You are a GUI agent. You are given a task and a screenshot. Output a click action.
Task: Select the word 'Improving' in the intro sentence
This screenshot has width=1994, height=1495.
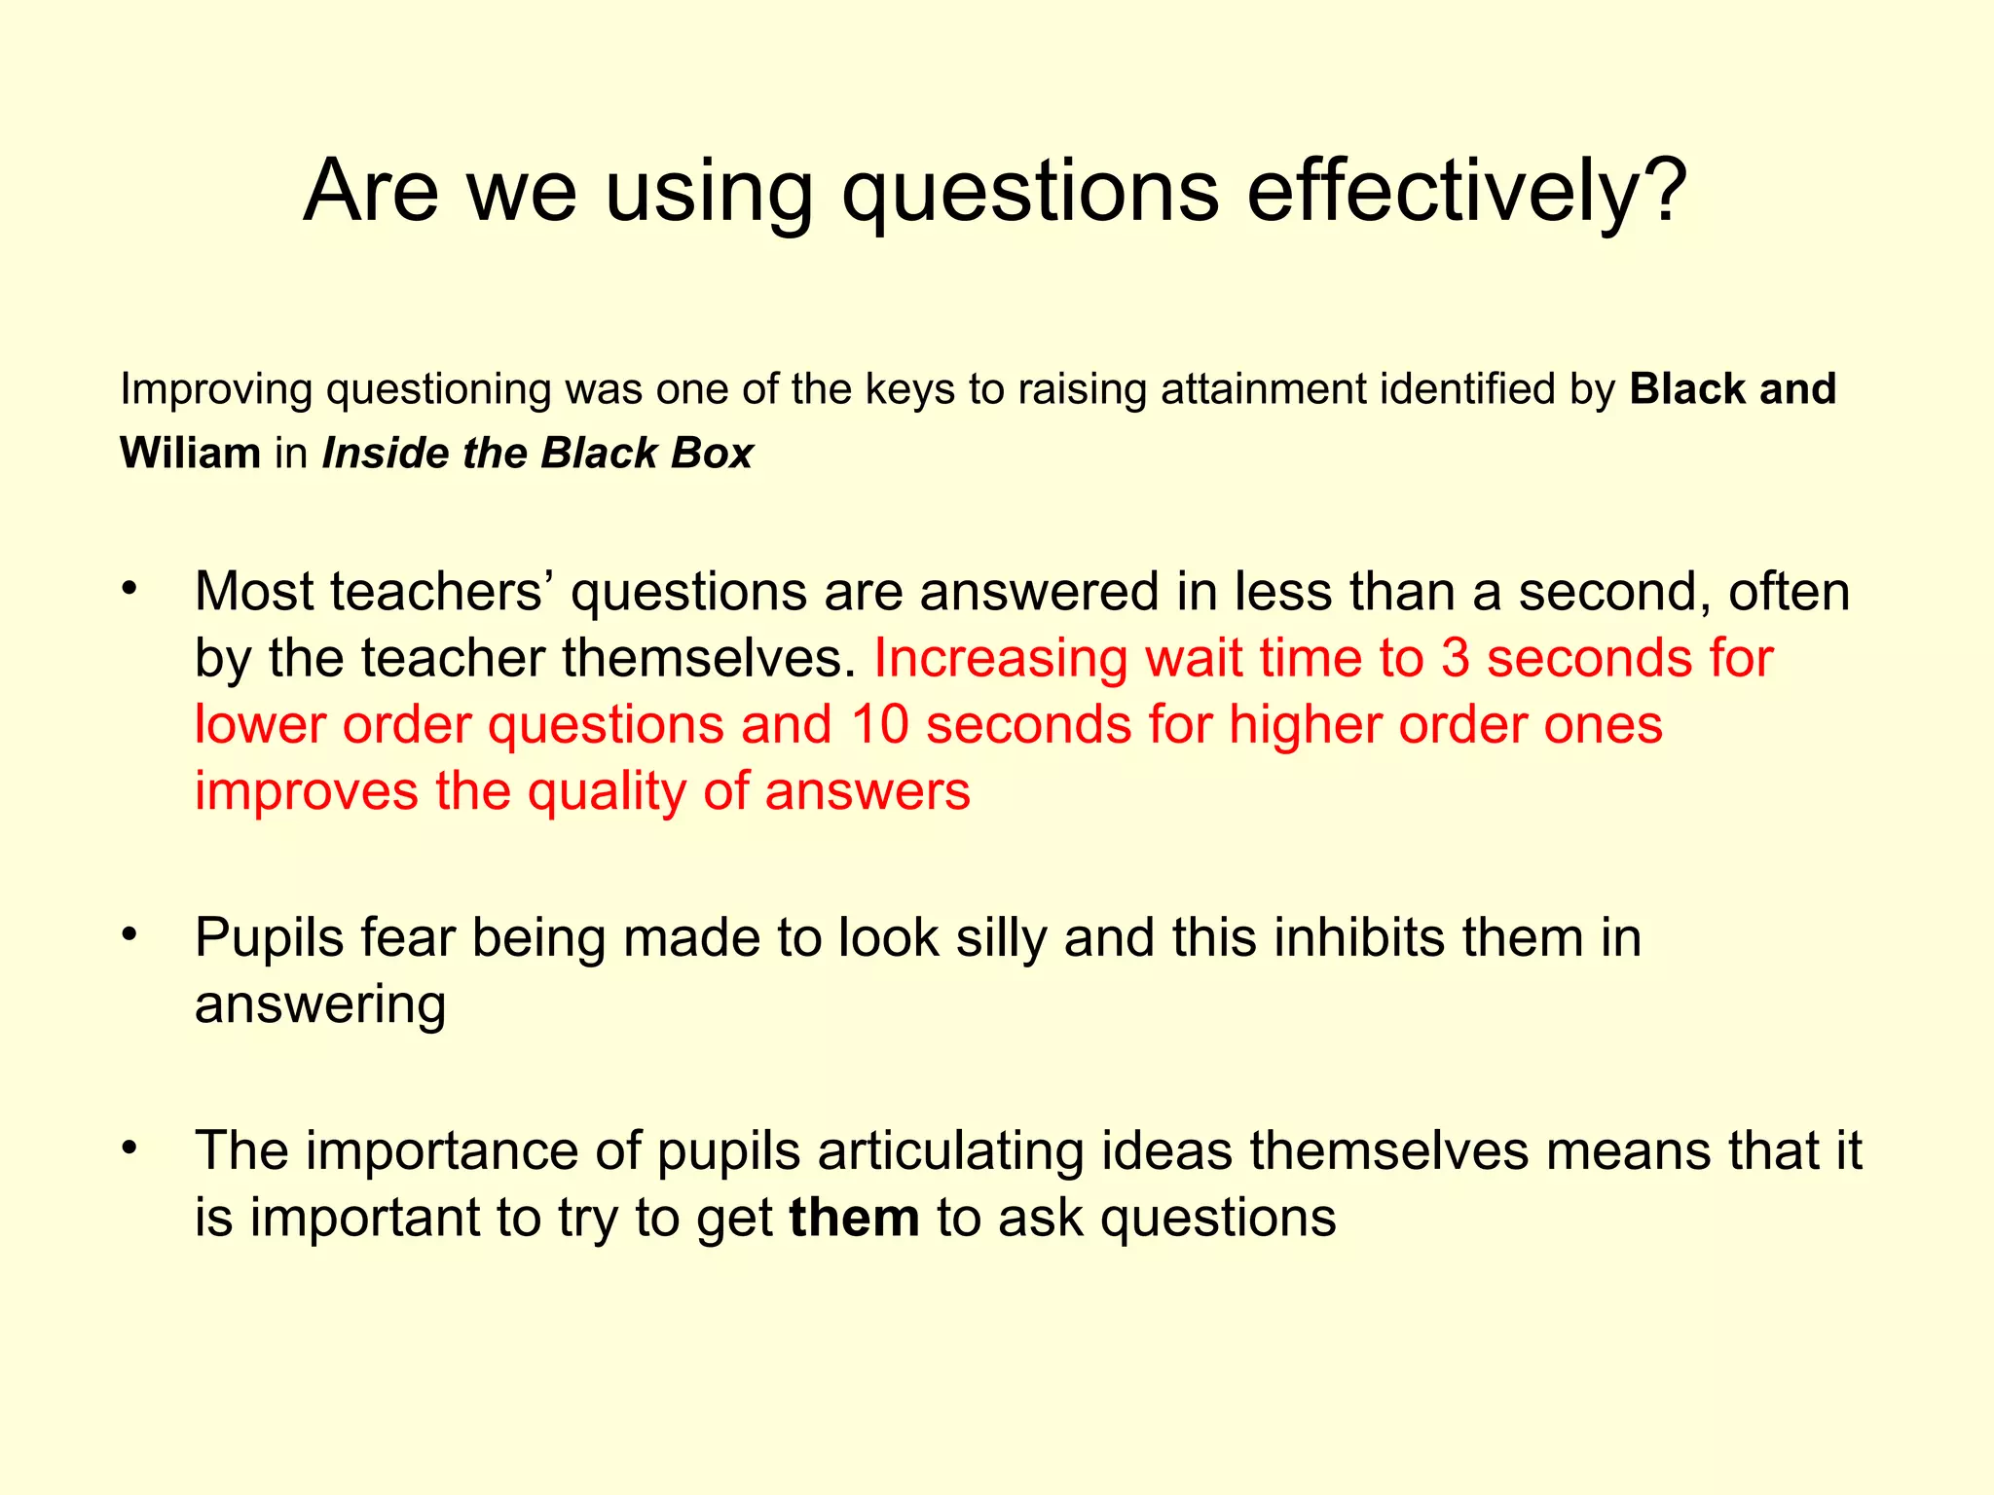[215, 389]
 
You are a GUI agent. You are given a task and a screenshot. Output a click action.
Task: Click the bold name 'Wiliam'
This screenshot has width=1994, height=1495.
[190, 454]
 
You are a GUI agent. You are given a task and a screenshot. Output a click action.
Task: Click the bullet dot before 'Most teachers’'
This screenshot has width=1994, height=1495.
[130, 588]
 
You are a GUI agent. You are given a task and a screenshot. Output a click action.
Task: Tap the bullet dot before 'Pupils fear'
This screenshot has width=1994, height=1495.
[130, 934]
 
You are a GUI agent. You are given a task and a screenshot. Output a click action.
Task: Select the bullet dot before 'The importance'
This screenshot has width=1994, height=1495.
[130, 1148]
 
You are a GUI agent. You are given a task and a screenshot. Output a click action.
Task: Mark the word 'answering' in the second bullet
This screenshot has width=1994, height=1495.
[320, 1005]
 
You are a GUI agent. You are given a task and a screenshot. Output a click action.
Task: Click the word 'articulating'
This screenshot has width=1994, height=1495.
[950, 1151]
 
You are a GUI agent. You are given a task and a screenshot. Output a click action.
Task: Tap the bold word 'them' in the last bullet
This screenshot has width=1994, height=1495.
[854, 1219]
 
